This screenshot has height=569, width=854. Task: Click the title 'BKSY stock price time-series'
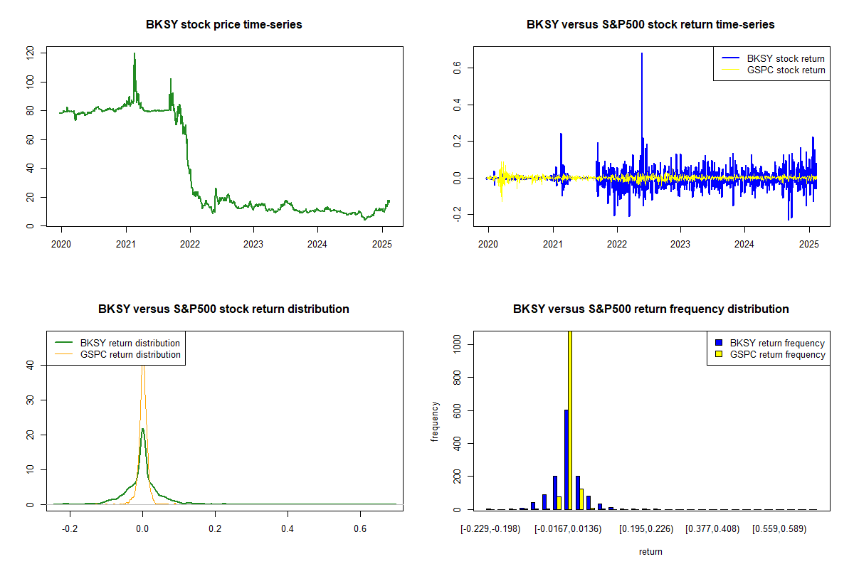click(223, 25)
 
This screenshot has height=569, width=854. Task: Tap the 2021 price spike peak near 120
click(134, 54)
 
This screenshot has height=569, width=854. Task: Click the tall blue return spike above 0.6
click(642, 54)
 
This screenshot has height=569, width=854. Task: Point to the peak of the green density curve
click(142, 429)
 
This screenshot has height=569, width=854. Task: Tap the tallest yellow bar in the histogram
click(570, 420)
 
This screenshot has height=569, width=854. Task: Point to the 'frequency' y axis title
click(435, 422)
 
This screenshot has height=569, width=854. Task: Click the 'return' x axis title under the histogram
click(650, 552)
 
